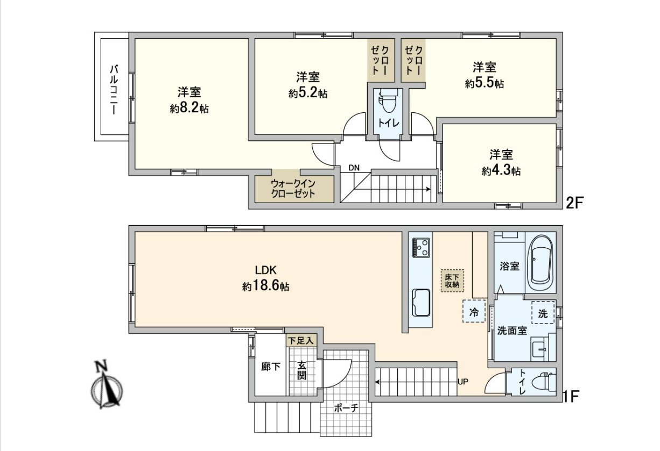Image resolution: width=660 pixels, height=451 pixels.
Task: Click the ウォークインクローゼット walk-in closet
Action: pyautogui.click(x=293, y=189)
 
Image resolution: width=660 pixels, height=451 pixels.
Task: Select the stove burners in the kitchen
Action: pyautogui.click(x=421, y=247)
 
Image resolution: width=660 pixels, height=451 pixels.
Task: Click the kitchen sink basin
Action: pyautogui.click(x=421, y=303)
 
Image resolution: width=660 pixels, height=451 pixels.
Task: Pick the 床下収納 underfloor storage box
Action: pyautogui.click(x=452, y=281)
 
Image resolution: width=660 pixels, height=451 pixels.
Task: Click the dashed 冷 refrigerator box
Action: pyautogui.click(x=474, y=311)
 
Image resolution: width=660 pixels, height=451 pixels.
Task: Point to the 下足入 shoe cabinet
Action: pyautogui.click(x=300, y=340)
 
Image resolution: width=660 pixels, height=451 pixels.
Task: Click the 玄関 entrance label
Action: pyautogui.click(x=301, y=371)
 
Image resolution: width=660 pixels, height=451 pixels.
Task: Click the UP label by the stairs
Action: pyautogui.click(x=462, y=382)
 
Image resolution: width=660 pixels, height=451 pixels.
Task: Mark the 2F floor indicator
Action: pyautogui.click(x=574, y=202)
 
